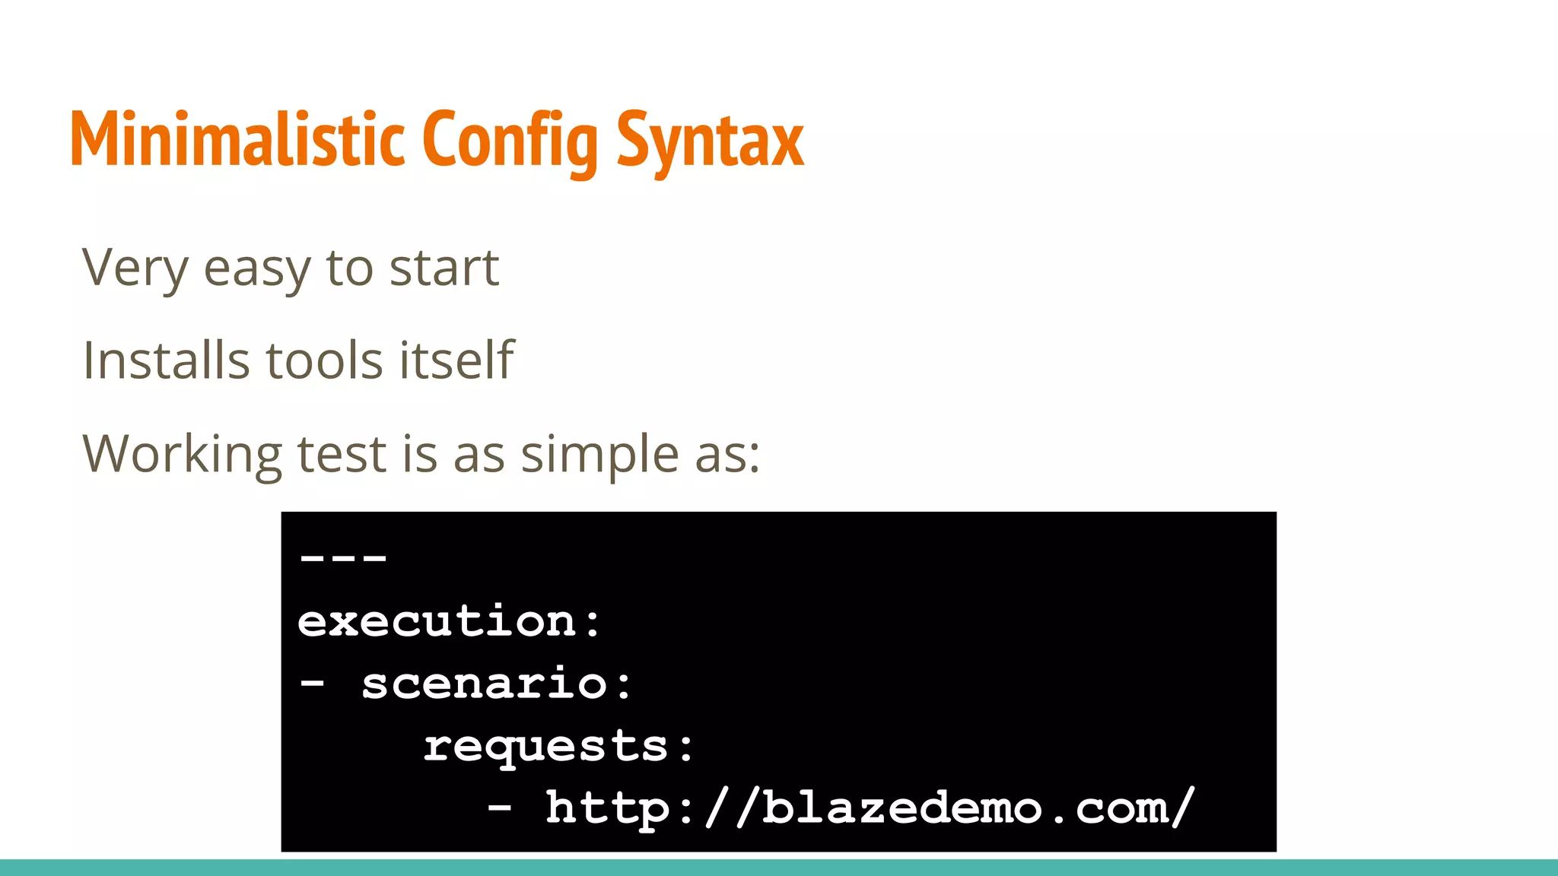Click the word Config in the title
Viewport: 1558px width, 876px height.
pyautogui.click(x=510, y=141)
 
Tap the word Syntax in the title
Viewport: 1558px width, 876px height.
pyautogui.click(x=710, y=141)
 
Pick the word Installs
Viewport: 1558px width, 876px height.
pyautogui.click(x=166, y=360)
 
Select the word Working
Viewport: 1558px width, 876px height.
pyautogui.click(x=182, y=454)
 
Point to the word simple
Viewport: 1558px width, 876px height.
pyautogui.click(x=599, y=455)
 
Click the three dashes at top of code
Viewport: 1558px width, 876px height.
pyautogui.click(x=343, y=559)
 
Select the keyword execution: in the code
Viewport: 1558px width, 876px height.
pyautogui.click(x=449, y=621)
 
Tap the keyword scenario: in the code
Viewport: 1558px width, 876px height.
pyautogui.click(x=496, y=683)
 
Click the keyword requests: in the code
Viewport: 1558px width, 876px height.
pyautogui.click(x=558, y=746)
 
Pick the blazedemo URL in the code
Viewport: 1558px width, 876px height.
pyautogui.click(x=870, y=808)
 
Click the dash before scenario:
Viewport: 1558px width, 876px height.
pyautogui.click(x=312, y=683)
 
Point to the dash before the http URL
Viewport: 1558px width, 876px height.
pyautogui.click(x=499, y=808)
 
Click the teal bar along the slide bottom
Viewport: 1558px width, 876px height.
pyautogui.click(x=779, y=868)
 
